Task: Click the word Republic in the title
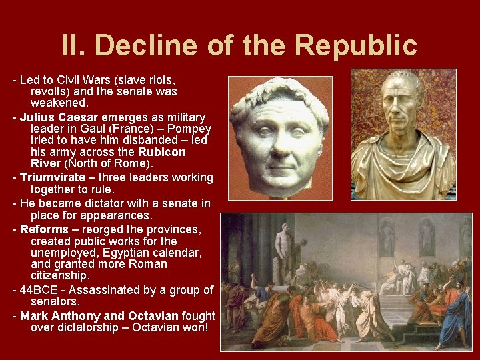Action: click(356, 45)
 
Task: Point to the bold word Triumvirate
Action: click(52, 177)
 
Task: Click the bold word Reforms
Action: click(43, 229)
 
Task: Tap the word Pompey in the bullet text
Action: click(191, 129)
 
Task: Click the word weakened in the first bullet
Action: click(59, 103)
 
